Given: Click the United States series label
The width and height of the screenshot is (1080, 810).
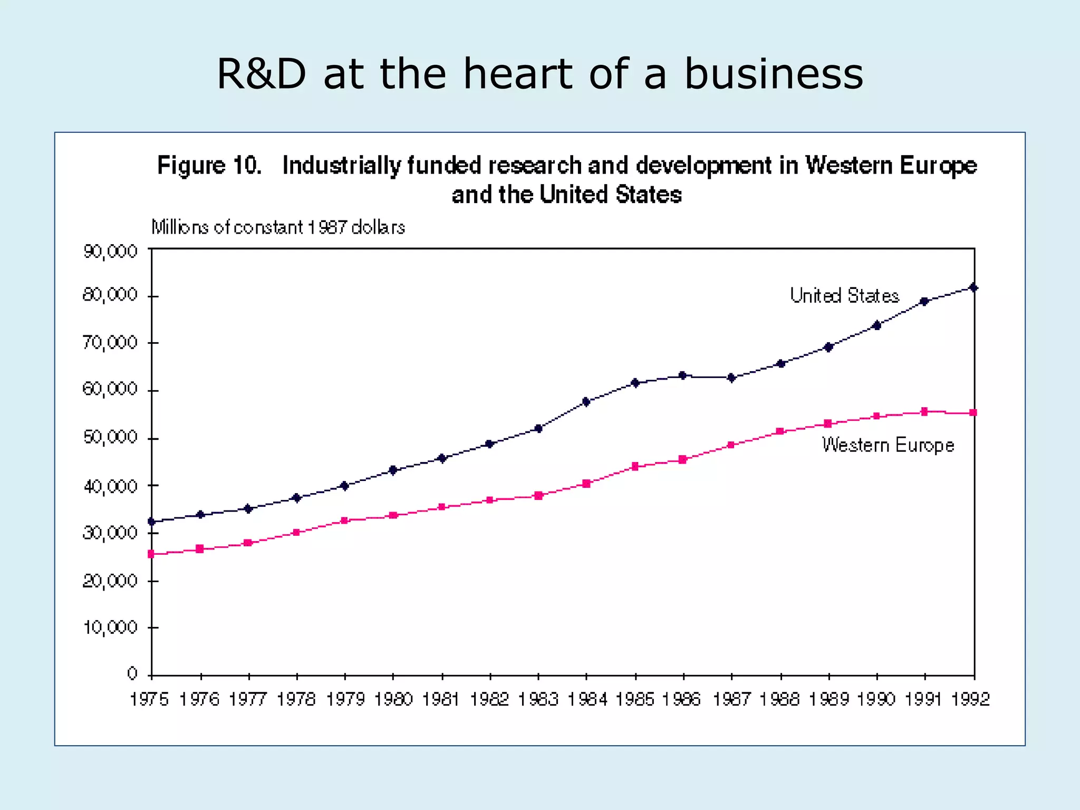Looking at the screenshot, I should [844, 296].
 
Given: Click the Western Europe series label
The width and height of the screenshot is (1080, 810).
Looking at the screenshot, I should [888, 446].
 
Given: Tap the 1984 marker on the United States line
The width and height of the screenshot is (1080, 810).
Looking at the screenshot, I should [586, 402].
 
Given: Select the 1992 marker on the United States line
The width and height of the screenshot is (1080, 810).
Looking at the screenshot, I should [973, 288].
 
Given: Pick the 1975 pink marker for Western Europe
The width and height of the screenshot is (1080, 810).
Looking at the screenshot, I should [151, 554].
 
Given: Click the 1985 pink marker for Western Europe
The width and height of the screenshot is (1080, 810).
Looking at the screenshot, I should [635, 466].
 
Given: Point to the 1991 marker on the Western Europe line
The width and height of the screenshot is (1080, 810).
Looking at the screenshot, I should [924, 411].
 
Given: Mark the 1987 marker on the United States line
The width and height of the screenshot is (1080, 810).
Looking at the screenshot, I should [731, 378].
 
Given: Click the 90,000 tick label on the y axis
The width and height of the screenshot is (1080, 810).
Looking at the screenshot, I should [110, 252].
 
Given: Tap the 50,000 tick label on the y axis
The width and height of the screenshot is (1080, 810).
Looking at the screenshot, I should [110, 437].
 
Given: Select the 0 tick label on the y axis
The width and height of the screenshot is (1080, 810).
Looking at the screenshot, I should [132, 673].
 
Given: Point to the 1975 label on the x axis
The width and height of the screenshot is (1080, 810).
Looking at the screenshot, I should [149, 700].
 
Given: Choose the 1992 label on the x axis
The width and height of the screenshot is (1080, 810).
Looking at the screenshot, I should [971, 700].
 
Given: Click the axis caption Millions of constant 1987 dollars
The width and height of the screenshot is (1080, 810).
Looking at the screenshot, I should [278, 228].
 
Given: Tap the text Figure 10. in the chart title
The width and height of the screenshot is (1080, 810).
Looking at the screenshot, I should [209, 166].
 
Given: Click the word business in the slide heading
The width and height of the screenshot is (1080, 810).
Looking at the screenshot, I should [774, 74].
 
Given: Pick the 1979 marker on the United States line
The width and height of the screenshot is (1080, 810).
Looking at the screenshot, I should [345, 486].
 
